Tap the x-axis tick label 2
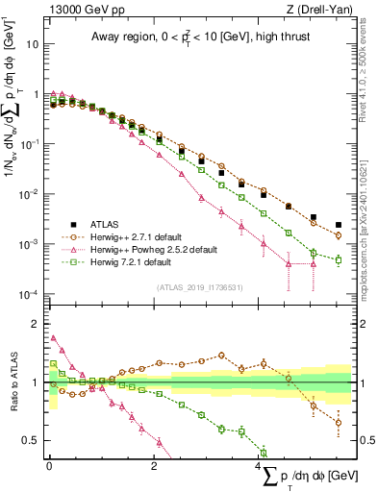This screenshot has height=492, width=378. (x=154, y=466)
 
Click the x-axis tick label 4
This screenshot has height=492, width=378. (x=259, y=466)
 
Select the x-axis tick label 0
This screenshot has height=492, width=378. (x=49, y=466)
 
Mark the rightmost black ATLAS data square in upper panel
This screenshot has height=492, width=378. (x=338, y=226)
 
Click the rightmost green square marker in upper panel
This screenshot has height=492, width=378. (x=338, y=259)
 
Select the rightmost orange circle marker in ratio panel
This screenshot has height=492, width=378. (x=338, y=422)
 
